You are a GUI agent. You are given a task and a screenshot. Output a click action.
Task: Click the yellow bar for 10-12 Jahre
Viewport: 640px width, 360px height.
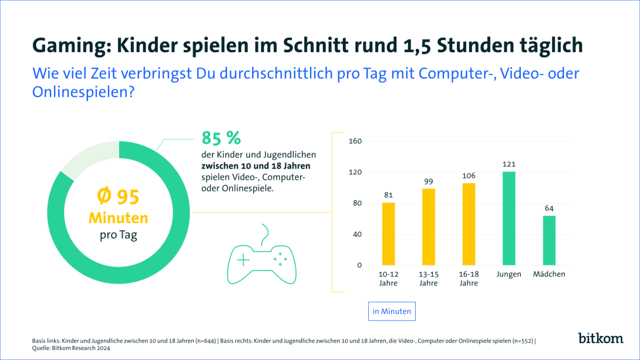[x=388, y=234]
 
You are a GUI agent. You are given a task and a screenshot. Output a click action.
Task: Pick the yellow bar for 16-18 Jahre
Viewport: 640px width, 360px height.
[x=468, y=224]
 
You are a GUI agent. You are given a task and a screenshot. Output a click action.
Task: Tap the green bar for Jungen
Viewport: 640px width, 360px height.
[x=508, y=218]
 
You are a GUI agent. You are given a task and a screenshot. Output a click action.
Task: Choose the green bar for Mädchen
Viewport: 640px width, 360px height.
[x=549, y=240]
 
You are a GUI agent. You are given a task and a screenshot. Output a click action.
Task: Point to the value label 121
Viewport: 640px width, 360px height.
[x=508, y=164]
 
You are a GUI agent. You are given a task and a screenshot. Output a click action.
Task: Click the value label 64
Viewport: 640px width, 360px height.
[x=549, y=208]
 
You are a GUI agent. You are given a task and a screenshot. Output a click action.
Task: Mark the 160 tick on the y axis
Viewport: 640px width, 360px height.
[x=355, y=142]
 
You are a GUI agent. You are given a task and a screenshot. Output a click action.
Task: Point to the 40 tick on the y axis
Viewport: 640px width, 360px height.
[x=356, y=234]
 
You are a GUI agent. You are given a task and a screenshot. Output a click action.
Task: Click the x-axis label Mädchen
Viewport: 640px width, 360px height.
[x=549, y=274]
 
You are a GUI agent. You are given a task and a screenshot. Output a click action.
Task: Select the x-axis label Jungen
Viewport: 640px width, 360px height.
[x=508, y=274]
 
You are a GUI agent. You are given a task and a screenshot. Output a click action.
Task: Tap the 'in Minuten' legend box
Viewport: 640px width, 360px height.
[x=392, y=311]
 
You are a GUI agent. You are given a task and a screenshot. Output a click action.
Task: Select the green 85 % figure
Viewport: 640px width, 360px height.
[x=221, y=138]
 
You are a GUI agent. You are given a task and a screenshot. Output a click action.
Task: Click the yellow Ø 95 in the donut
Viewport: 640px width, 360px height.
[x=118, y=197]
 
